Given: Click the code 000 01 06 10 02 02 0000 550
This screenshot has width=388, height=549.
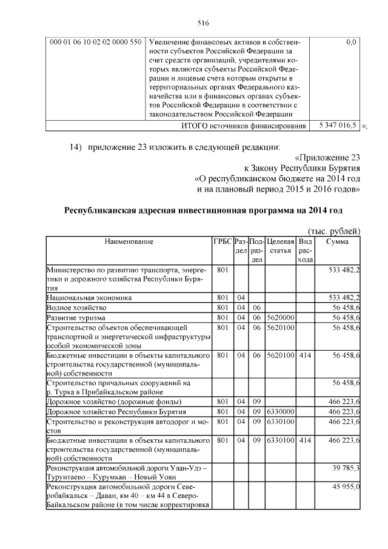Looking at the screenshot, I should coord(96,42).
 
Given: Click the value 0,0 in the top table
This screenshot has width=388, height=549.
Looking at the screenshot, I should coord(350,42).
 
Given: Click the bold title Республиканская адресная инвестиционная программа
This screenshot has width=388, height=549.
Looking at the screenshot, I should coord(203,211).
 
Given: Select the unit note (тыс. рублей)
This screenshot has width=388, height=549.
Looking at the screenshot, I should coord(334,231).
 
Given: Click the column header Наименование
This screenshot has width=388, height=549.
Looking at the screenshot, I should coord(129,241).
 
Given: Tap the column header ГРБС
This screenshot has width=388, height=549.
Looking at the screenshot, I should coord(222,241).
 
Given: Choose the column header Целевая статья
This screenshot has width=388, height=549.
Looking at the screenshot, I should coord(280,246).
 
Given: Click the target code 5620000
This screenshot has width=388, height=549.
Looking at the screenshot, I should coord(280,318).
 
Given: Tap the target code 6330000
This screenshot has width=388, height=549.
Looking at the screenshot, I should coord(280,412).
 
